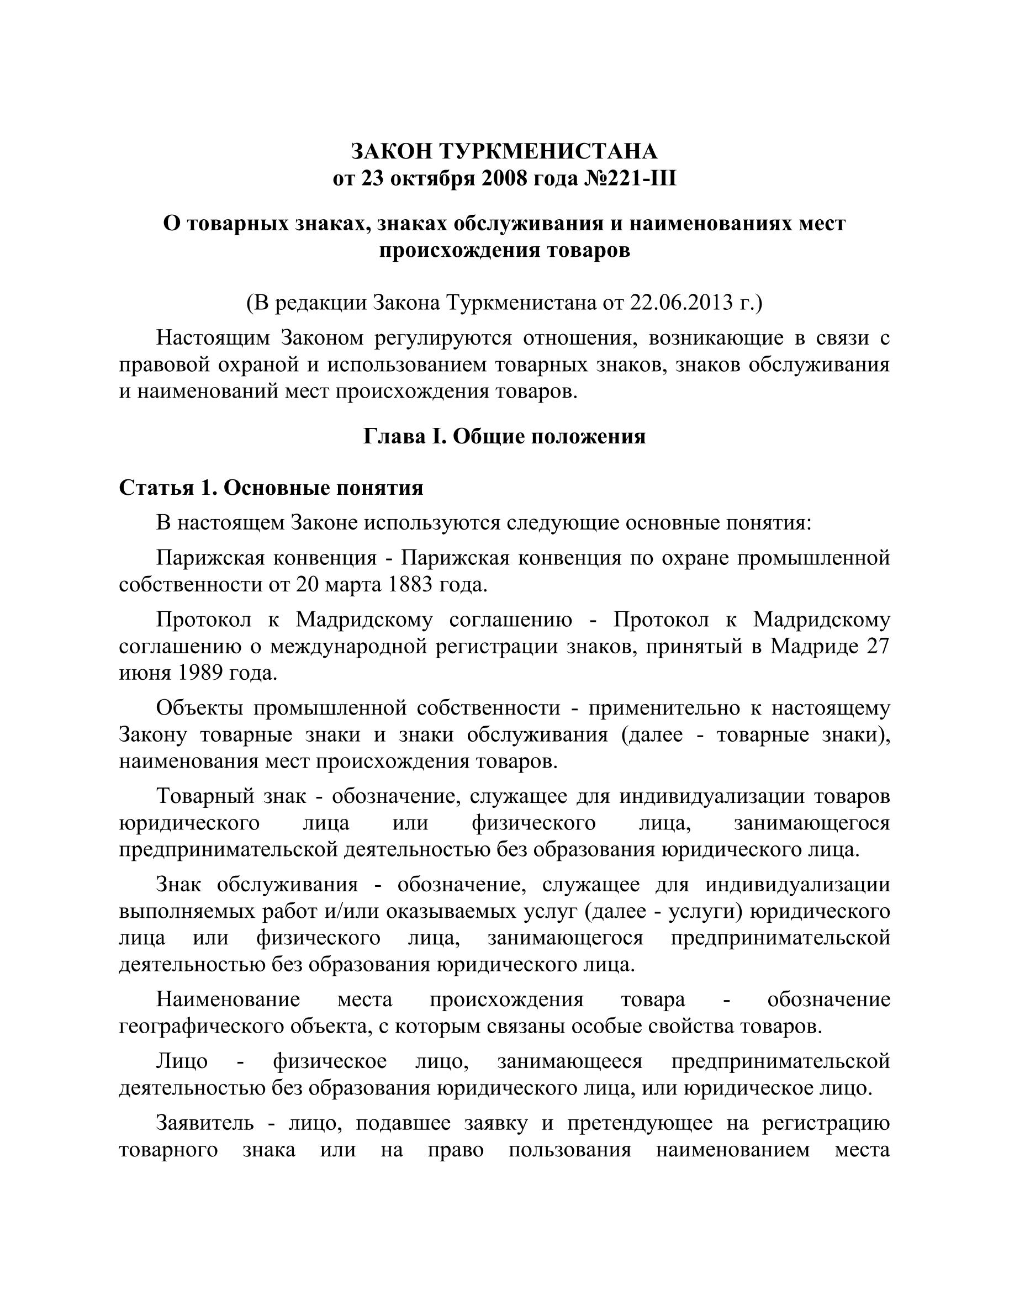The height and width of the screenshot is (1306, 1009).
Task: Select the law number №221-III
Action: coord(629,179)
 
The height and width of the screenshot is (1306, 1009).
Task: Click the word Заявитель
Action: coord(204,1124)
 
